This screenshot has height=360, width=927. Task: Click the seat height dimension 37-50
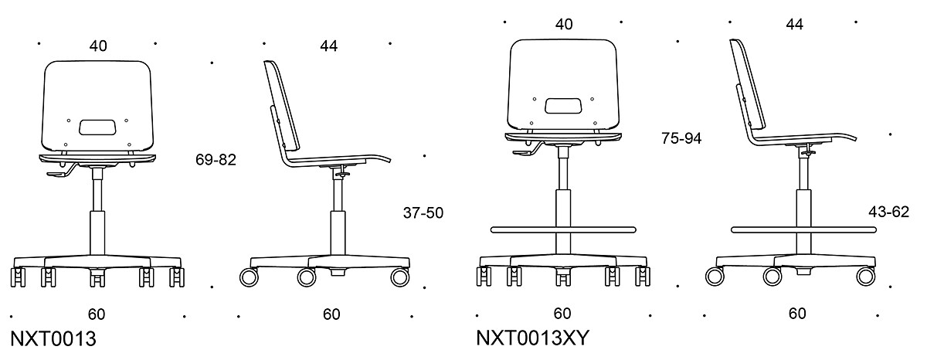[423, 212]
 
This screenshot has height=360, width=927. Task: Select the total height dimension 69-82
[216, 160]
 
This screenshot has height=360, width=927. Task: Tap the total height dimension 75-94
[681, 138]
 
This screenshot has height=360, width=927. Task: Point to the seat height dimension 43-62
[888, 212]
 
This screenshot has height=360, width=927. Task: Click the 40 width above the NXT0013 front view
[97, 46]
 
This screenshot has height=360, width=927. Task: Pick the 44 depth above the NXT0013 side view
[328, 46]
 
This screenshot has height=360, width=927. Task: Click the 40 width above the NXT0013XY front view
[564, 24]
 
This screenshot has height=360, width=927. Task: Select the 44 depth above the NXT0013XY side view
[794, 24]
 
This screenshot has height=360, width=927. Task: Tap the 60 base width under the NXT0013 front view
[97, 314]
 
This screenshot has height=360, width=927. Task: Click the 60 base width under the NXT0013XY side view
[797, 314]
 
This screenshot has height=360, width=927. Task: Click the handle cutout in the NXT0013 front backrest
[98, 126]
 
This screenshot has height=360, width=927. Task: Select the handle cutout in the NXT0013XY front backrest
[564, 105]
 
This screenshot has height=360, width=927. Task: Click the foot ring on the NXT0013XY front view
[564, 229]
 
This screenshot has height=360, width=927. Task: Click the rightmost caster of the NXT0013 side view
[400, 277]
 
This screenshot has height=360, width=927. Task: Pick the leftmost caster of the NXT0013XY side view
[715, 276]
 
